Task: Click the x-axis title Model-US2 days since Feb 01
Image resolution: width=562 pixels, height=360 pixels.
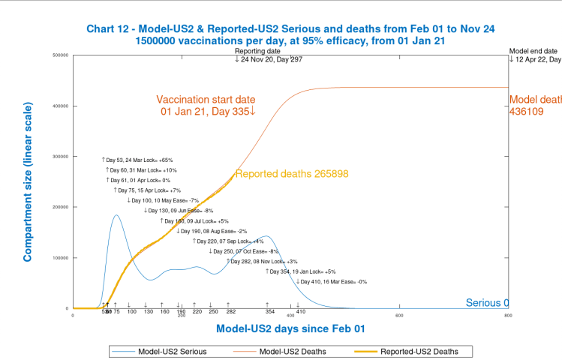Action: tap(290, 328)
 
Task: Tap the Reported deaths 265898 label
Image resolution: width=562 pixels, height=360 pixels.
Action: tap(291, 174)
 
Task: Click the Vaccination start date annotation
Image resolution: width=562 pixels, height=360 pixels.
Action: tap(206, 105)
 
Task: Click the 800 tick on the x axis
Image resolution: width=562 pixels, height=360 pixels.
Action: tap(508, 315)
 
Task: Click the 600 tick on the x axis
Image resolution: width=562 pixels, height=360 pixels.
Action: tap(399, 315)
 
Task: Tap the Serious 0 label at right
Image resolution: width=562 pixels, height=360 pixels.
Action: tap(487, 303)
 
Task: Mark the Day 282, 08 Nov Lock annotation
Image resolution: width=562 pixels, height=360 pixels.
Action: tap(258, 262)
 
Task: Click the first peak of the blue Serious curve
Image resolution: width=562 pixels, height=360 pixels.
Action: tap(116, 215)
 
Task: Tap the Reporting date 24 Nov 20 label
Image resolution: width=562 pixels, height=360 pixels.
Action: tap(269, 55)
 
